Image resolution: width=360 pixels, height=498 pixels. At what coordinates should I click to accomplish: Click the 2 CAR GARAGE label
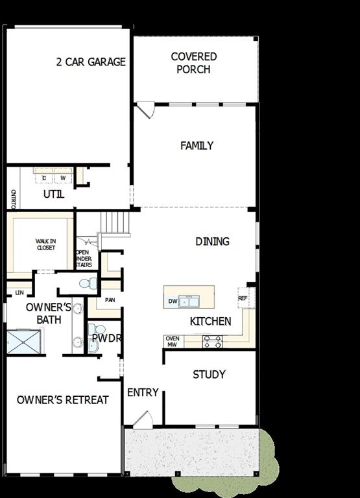(x=91, y=62)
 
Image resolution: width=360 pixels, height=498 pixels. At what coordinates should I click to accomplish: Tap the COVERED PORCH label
(x=194, y=63)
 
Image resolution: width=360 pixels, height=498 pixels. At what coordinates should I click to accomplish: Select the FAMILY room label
(x=197, y=146)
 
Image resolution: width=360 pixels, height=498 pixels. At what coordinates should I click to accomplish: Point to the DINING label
(x=212, y=241)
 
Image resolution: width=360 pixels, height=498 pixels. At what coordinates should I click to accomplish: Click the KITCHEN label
(x=210, y=321)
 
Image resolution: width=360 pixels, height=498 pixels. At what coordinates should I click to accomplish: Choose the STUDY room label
(x=210, y=374)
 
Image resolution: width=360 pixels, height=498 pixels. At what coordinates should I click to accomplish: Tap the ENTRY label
(x=143, y=392)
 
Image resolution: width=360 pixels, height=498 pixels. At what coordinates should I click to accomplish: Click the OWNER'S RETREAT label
(x=63, y=399)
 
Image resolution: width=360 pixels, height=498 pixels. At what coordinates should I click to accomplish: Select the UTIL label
(x=54, y=194)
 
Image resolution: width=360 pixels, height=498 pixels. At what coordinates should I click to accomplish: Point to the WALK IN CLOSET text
(x=45, y=244)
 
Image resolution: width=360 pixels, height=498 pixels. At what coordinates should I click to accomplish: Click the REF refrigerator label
(x=243, y=298)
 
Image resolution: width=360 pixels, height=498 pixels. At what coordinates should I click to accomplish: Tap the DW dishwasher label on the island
(x=173, y=301)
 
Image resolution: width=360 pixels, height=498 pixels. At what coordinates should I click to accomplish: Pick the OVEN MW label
(x=172, y=342)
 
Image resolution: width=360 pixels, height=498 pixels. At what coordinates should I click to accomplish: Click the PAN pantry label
(x=110, y=300)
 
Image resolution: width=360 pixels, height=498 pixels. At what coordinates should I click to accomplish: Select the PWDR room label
(x=106, y=338)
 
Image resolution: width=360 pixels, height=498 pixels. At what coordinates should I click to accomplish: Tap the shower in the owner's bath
(x=24, y=342)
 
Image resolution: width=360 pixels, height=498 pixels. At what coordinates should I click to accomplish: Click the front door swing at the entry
(x=143, y=419)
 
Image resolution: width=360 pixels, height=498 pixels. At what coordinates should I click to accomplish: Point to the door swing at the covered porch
(x=145, y=110)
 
